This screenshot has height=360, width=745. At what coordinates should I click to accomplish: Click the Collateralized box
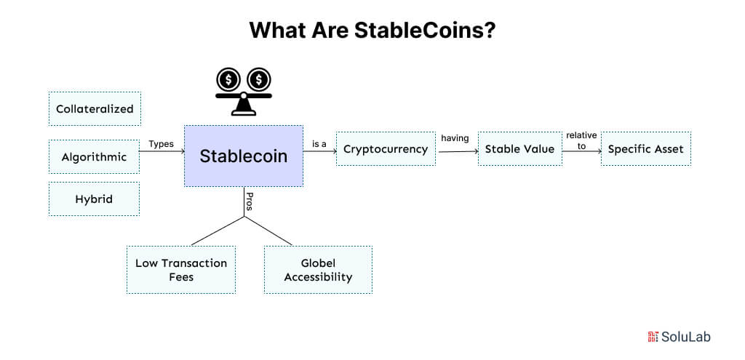95,109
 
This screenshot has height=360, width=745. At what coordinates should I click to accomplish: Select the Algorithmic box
94,157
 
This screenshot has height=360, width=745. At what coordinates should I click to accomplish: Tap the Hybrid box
94,199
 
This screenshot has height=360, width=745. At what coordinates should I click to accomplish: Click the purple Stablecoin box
243,156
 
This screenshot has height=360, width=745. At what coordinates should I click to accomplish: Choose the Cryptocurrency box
386,149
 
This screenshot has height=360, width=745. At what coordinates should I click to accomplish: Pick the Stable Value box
519,149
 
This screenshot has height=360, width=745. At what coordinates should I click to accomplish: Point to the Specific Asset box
645,149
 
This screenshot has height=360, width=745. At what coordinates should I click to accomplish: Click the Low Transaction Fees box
181,270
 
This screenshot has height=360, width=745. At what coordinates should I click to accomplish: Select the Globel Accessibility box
318,270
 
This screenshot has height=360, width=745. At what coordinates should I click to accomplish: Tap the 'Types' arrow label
161,144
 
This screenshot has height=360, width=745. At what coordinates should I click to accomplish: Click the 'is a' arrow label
319,144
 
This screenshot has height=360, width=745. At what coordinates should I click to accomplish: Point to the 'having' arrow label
455,138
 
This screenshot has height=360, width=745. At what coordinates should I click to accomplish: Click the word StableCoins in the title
431,31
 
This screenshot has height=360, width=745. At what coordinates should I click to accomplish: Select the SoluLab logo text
685,337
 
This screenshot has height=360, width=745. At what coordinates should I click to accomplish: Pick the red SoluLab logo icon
653,337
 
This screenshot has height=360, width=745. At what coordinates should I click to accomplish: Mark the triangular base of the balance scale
243,108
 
